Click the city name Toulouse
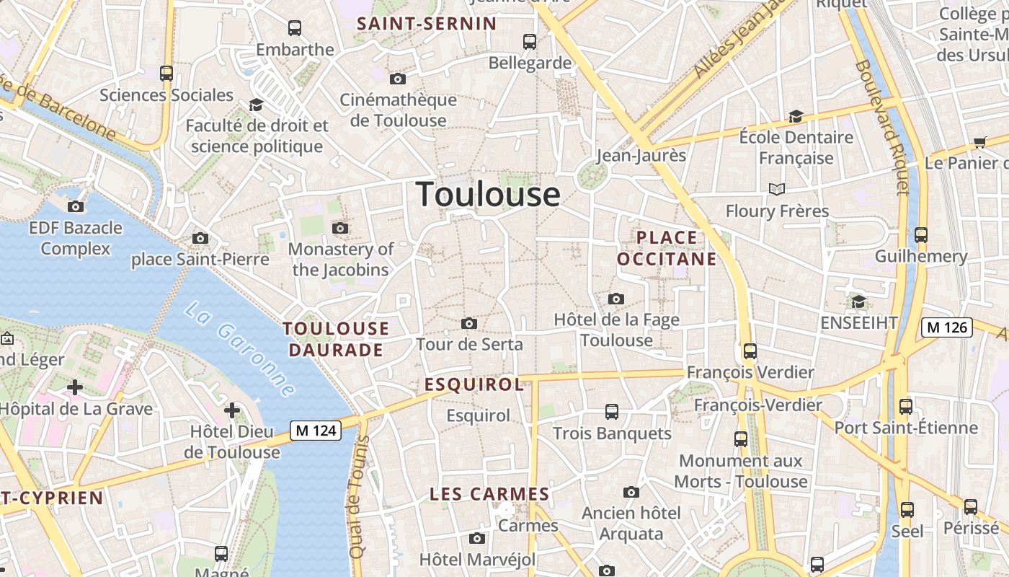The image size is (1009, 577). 488,194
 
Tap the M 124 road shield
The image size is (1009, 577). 316,431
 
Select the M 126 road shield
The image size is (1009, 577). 947,327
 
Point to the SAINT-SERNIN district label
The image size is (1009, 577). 427,24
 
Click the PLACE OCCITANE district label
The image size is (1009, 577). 667,248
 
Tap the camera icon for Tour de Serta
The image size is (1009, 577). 469,323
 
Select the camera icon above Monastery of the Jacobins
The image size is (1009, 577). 340,229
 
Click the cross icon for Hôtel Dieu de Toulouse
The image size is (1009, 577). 231,410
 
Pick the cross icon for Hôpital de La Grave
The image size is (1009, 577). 75,387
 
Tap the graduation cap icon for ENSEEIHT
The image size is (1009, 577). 858,301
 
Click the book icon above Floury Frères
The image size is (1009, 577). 776,190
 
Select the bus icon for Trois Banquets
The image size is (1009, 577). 611,412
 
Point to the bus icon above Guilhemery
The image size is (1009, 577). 920,235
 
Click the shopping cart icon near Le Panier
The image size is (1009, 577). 979,142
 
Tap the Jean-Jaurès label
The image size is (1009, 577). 641,155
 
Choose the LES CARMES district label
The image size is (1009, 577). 489,494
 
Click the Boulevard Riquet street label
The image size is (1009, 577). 881,126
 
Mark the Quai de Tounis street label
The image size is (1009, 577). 359,497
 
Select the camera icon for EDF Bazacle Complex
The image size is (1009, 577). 76,207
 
